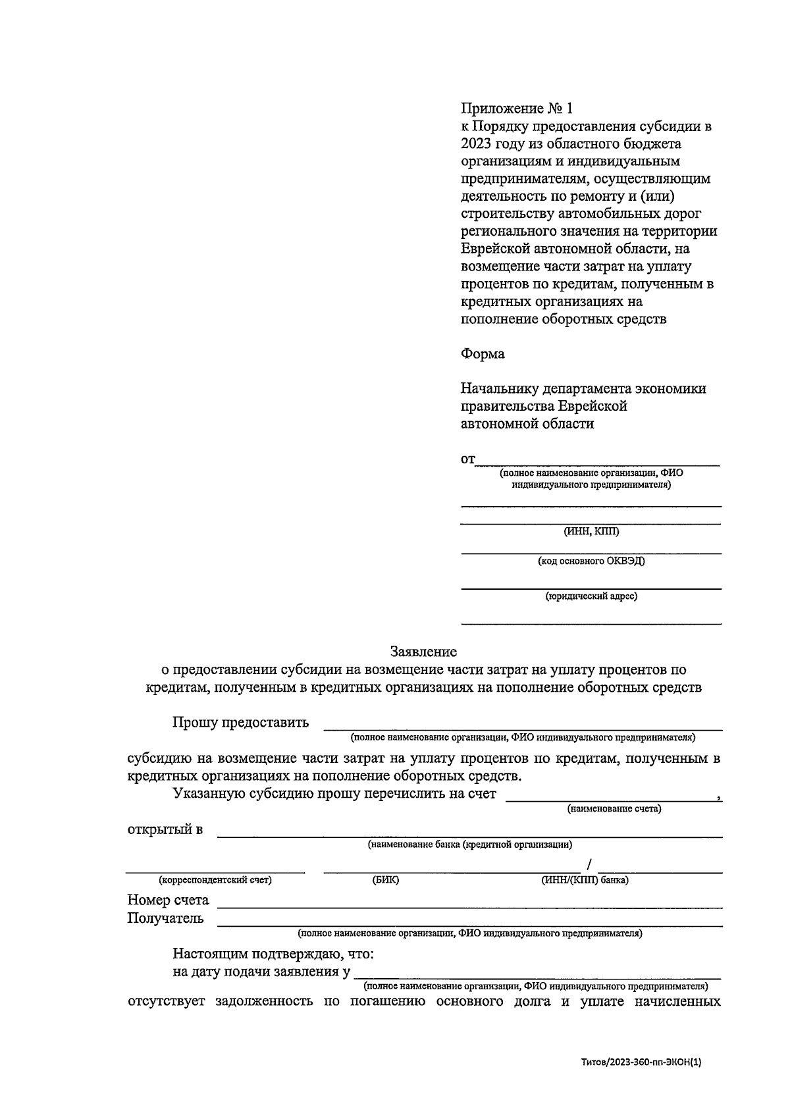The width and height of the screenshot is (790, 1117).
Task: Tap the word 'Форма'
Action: click(483, 354)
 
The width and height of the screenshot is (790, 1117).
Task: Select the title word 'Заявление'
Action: click(423, 652)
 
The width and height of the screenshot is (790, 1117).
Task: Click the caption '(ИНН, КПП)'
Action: click(591, 531)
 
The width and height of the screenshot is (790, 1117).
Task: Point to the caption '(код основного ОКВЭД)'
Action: click(591, 561)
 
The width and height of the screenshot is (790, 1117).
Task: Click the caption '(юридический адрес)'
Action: click(591, 596)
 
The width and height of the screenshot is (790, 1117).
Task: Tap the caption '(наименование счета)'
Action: click(614, 808)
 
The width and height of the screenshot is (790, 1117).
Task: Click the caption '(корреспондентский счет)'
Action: click(215, 879)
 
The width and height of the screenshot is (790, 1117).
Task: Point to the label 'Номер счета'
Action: click(168, 900)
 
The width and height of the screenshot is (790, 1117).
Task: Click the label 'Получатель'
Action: click(165, 918)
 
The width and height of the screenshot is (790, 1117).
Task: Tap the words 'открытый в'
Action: click(165, 829)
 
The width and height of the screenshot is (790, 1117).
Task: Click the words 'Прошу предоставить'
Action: click(240, 723)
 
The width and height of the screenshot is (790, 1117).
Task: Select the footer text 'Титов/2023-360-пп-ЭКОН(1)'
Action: click(641, 1062)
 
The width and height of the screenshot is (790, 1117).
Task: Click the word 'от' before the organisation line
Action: click(467, 459)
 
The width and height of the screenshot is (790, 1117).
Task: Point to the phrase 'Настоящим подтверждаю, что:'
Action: click(273, 954)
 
